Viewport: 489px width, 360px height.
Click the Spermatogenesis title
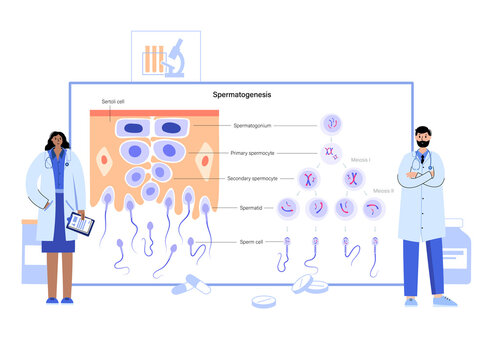click(242, 95)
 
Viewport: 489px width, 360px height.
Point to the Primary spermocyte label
click(253, 153)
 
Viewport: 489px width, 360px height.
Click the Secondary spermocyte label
click(251, 178)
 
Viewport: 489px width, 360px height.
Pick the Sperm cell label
click(251, 241)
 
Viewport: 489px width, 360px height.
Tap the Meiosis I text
click(361, 159)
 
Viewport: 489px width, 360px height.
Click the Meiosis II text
click(384, 189)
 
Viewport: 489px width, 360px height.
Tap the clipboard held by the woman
click(80, 224)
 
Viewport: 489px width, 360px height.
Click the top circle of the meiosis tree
click(331, 123)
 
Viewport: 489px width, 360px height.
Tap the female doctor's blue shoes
click(59, 299)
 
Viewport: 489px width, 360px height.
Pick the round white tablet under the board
click(263, 301)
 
